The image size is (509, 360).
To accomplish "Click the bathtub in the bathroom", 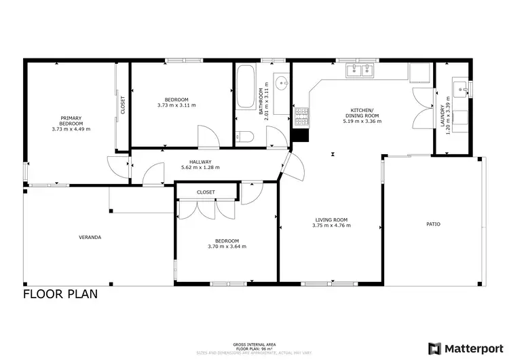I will tap(244, 88).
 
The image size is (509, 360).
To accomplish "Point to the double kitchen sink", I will tap(360, 69).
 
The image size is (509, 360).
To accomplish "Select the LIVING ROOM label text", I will tap(331, 219).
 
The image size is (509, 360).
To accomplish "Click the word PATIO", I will tap(434, 223).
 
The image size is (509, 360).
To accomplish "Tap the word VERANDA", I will tap(90, 237).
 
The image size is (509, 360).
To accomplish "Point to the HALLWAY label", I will tap(200, 162).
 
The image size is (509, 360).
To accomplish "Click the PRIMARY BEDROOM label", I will tap(71, 120).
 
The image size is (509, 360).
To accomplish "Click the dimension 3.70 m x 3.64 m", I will tap(227, 247).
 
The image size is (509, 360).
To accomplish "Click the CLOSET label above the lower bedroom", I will tap(206, 192).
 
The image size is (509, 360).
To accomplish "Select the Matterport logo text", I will tap(467, 347).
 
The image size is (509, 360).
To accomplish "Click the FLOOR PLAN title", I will tap(60, 294).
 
